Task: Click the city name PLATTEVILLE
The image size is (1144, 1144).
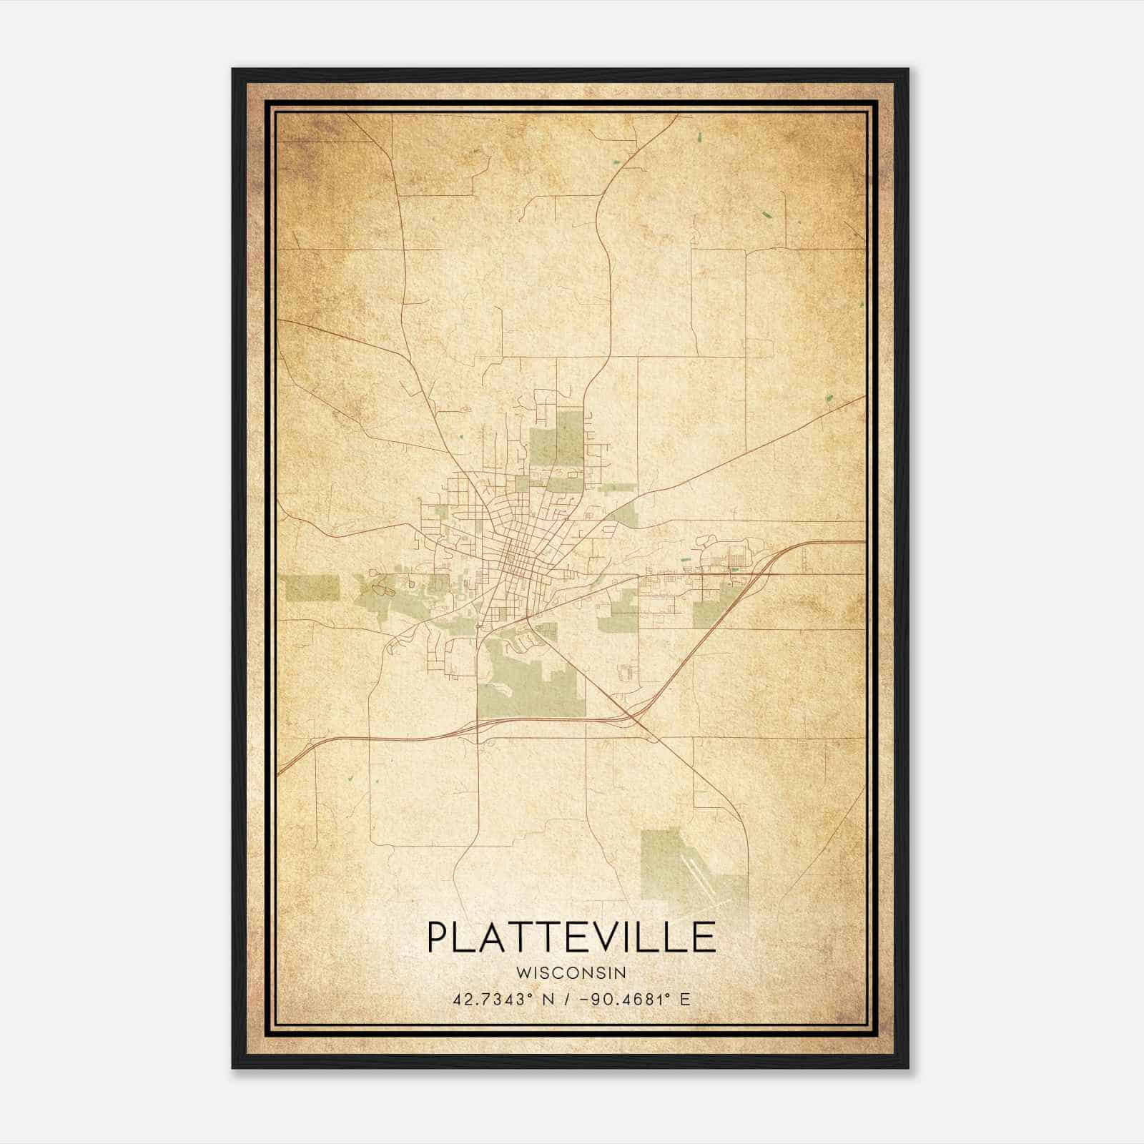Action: tap(571, 937)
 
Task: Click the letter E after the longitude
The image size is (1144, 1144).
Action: tap(685, 999)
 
